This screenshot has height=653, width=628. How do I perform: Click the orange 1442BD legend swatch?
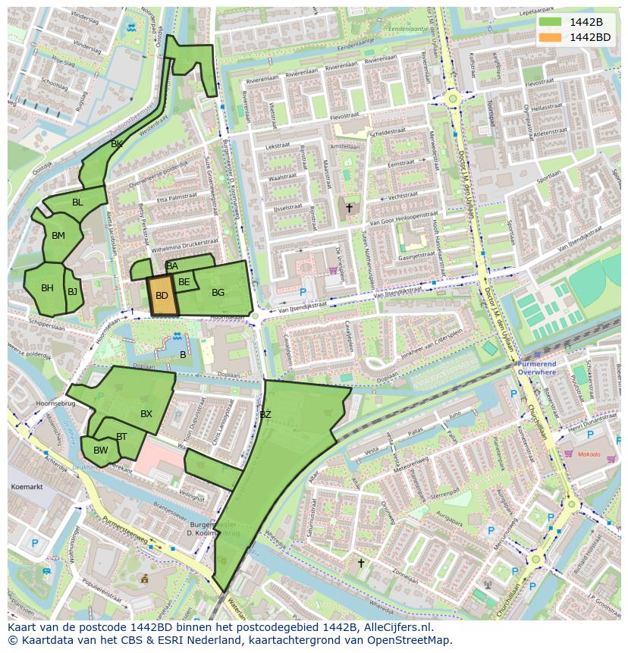click(x=550, y=37)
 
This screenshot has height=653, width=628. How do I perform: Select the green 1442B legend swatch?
click(x=550, y=22)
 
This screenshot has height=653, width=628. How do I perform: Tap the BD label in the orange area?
click(x=162, y=296)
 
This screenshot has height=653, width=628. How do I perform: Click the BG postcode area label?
click(x=218, y=293)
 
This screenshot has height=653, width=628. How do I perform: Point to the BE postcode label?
click(x=184, y=282)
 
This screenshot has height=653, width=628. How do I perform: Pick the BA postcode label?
click(x=172, y=266)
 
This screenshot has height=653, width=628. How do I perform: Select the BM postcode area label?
click(x=58, y=236)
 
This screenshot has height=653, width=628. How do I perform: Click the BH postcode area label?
click(x=47, y=288)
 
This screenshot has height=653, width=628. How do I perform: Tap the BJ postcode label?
click(x=72, y=291)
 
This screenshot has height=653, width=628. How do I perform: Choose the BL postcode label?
click(x=77, y=202)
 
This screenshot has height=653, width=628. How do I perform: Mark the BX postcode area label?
click(x=146, y=414)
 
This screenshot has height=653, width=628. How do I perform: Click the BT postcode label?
click(x=121, y=436)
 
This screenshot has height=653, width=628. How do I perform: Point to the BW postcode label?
click(x=100, y=451)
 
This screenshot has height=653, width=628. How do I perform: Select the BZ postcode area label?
click(x=265, y=415)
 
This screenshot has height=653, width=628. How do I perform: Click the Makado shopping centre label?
click(x=588, y=454)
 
